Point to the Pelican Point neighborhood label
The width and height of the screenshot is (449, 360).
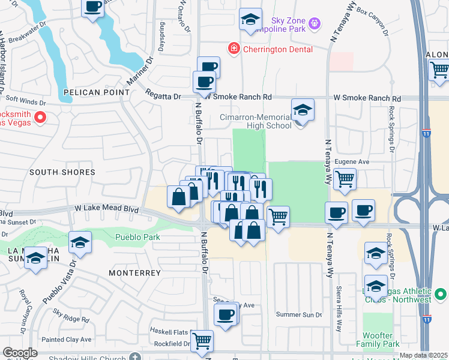tap(97, 92)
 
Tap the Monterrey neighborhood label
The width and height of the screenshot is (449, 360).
tap(134, 273)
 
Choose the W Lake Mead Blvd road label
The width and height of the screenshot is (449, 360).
tap(106, 209)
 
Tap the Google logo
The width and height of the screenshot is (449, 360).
tap(20, 353)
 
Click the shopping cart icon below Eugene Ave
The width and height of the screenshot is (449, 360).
tap(345, 178)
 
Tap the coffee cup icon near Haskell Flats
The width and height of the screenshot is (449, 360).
tap(226, 314)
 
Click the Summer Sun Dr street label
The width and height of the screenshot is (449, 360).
tap(298, 314)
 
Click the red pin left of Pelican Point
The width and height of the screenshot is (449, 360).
tap(40, 117)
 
